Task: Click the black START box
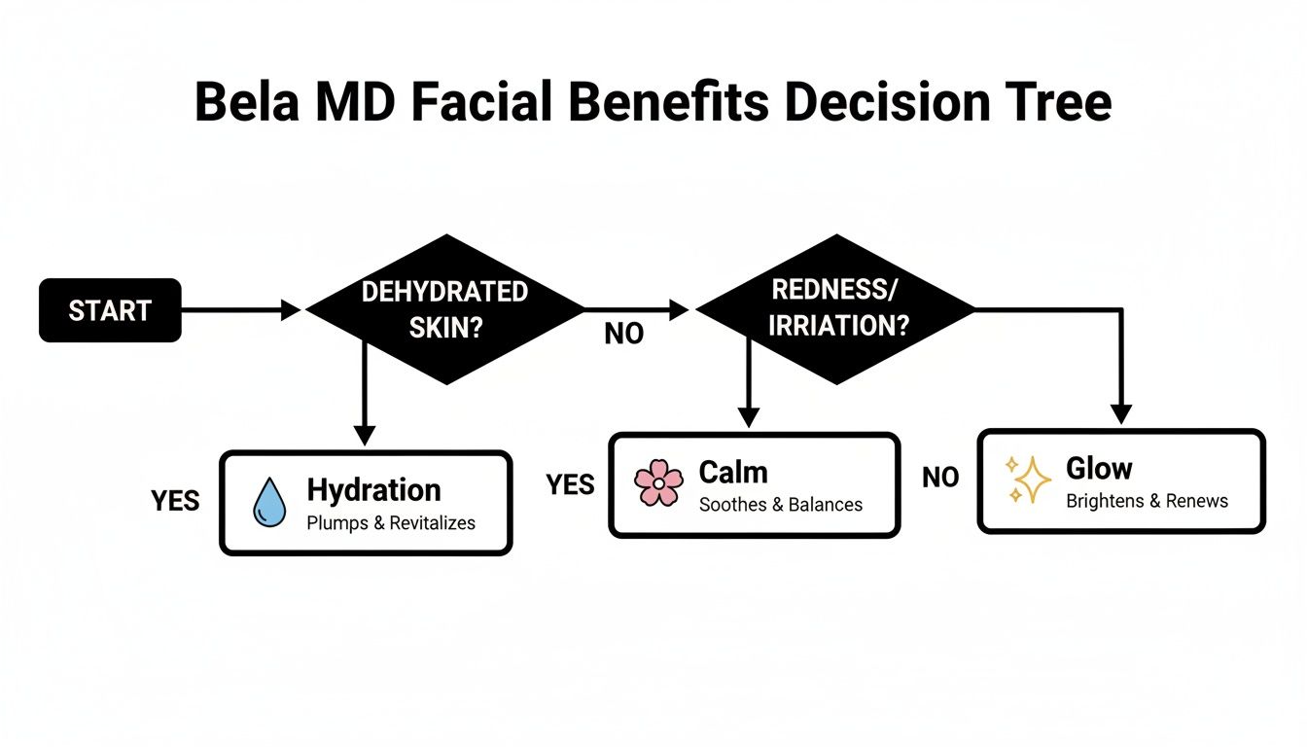(110, 310)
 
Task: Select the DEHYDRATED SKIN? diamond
(445, 309)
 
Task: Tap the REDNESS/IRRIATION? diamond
(836, 309)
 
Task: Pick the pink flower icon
(658, 483)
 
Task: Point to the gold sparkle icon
(1029, 480)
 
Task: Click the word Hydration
(373, 489)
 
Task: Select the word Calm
(733, 473)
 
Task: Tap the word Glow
(1099, 469)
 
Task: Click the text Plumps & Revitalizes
(391, 523)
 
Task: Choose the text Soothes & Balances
(781, 505)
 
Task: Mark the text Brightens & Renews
(1147, 502)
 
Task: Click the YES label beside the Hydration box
(176, 500)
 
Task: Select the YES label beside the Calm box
(570, 484)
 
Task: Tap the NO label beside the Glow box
(940, 478)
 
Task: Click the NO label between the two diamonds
(623, 335)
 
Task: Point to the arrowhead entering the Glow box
(1121, 414)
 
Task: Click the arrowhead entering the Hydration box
(364, 435)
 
